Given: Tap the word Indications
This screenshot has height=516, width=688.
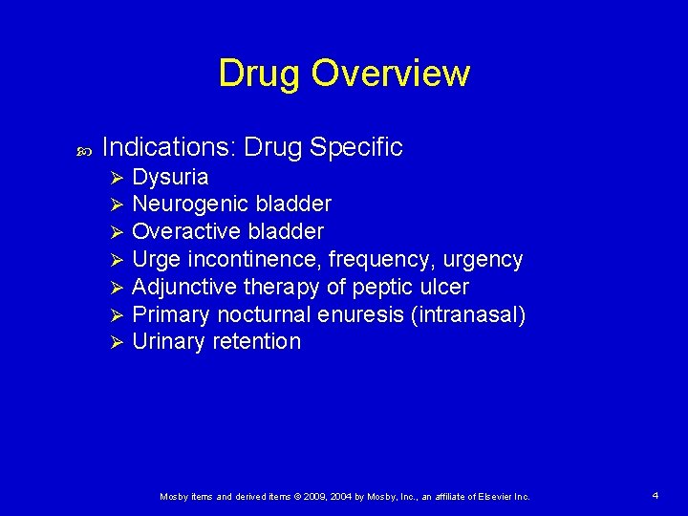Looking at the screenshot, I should [168, 147].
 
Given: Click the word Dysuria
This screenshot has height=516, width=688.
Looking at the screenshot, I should [170, 177].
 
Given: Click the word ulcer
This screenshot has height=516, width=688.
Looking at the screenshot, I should [445, 287].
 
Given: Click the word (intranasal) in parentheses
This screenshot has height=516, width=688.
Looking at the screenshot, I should [467, 314].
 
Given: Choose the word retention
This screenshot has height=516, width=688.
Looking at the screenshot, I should [257, 341].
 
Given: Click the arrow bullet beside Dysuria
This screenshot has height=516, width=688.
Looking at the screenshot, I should [117, 178].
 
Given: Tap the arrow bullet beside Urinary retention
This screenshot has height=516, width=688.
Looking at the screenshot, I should [117, 342].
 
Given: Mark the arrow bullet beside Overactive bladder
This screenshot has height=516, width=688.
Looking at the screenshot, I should [117, 232].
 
